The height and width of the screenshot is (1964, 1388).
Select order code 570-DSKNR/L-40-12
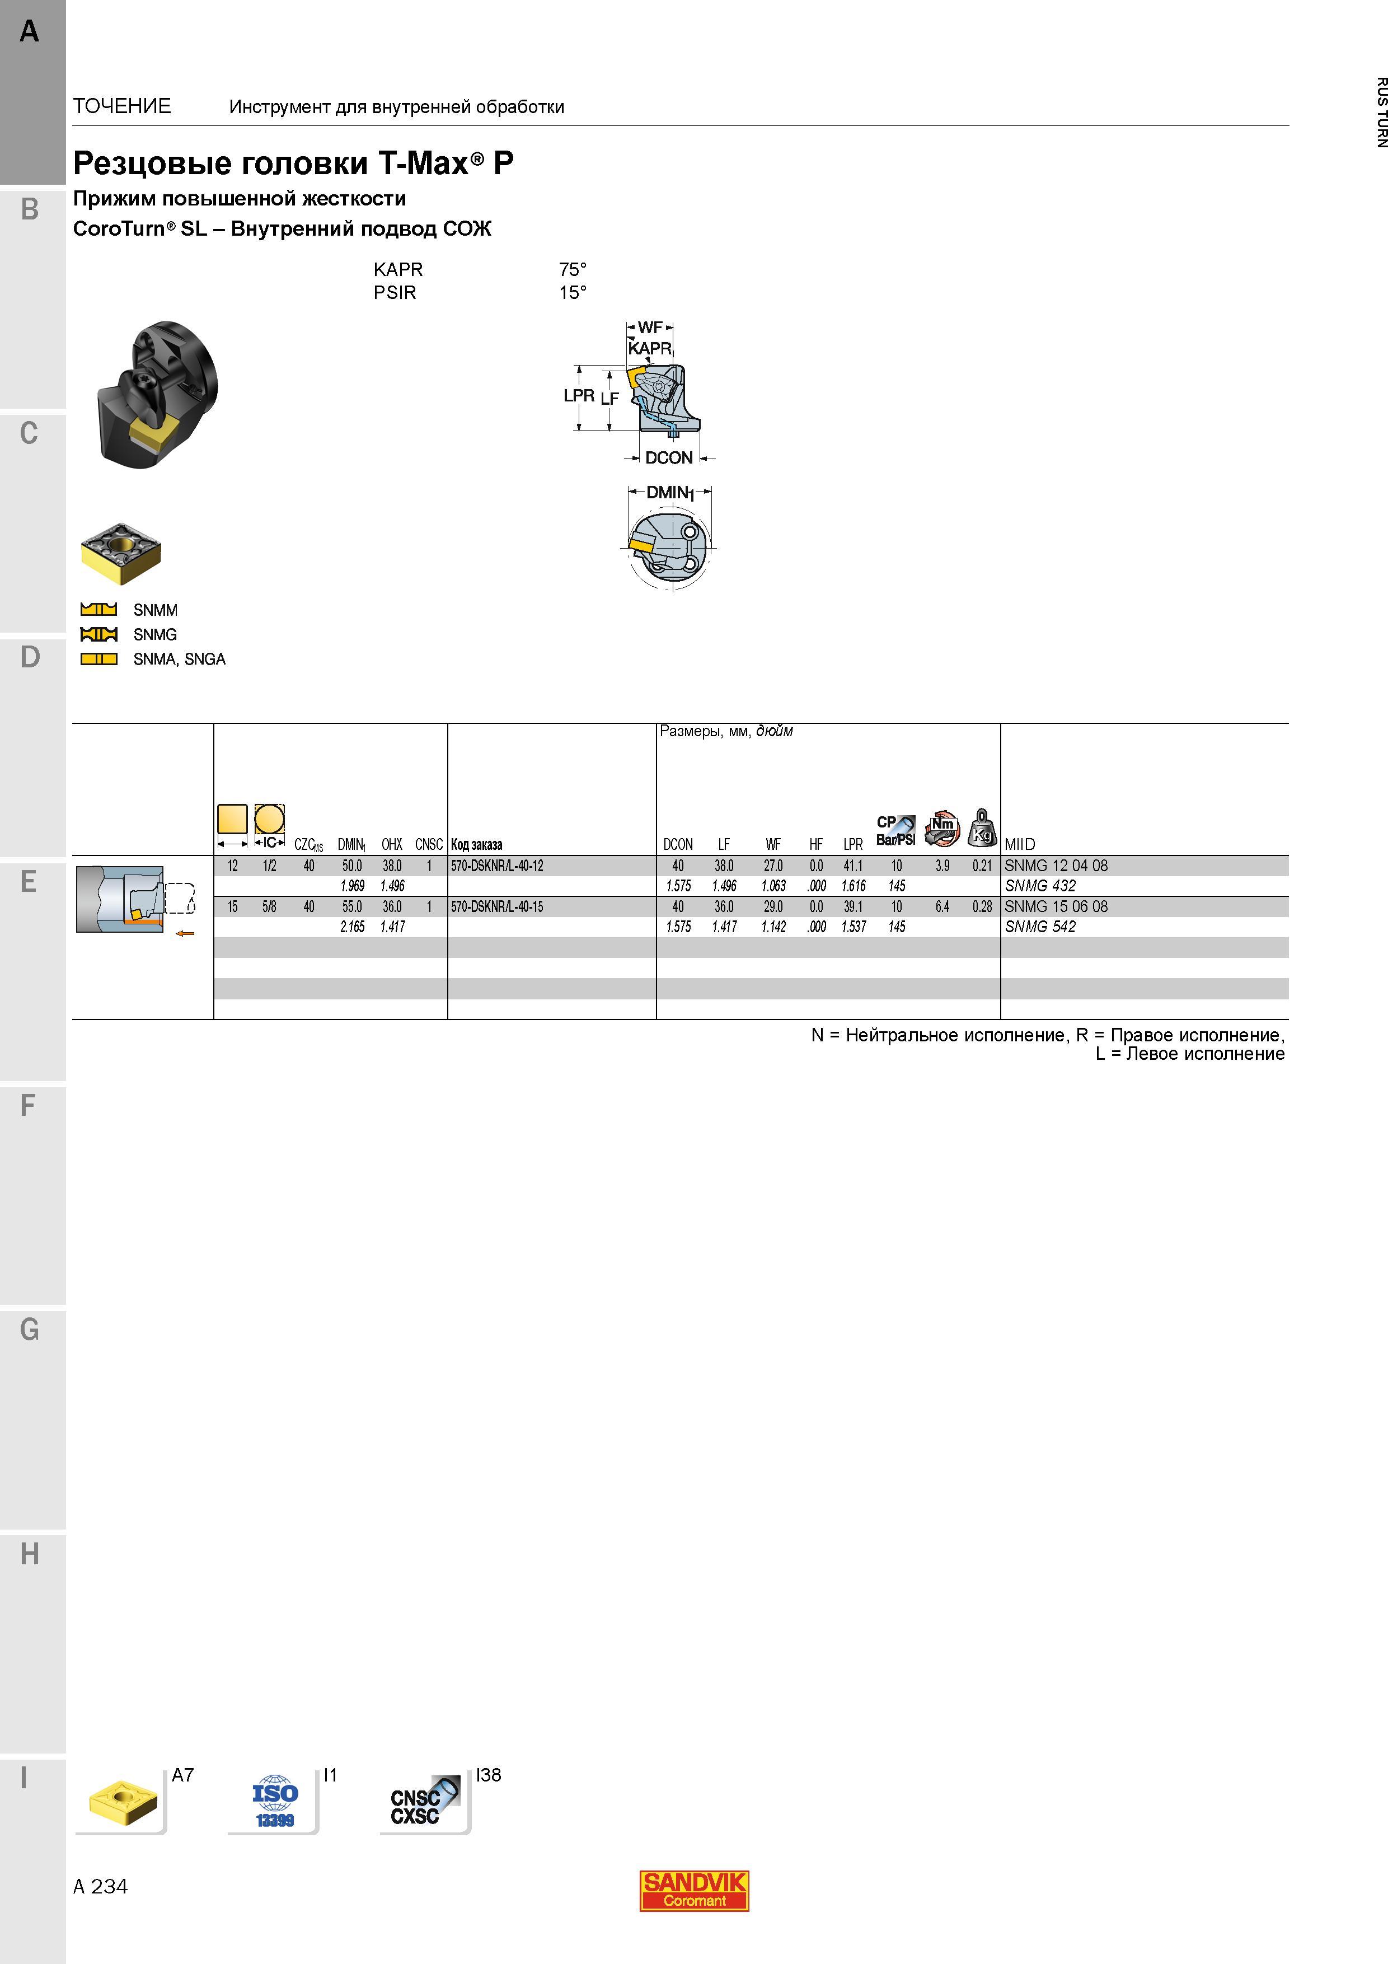pos(497,866)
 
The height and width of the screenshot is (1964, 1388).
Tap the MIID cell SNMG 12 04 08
pos(1056,866)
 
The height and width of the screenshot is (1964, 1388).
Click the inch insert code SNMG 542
pos(1040,927)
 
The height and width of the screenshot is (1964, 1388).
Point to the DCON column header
pos(678,844)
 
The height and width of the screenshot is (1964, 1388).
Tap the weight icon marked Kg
pos(982,827)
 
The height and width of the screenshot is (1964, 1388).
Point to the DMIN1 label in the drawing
pos(669,493)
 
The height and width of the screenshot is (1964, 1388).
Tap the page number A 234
pos(100,1886)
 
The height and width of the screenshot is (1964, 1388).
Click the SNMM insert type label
pos(156,610)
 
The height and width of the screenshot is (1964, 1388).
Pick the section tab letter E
pos(29,881)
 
